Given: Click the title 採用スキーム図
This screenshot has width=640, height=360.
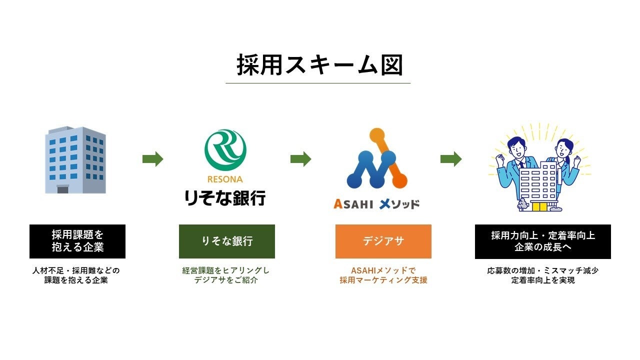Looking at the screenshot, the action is [319, 65].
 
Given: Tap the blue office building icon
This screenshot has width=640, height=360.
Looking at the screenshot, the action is [75, 159].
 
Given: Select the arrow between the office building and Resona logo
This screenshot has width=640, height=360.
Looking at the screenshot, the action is [153, 159].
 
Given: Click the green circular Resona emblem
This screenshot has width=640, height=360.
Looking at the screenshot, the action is [225, 150].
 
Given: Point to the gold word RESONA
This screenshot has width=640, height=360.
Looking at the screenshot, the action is [225, 179].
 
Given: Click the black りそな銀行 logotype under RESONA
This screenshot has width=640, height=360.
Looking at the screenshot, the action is [225, 197].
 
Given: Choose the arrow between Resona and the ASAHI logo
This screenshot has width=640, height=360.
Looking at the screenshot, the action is [301, 159].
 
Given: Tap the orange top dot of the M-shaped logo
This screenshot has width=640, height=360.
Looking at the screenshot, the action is [377, 135].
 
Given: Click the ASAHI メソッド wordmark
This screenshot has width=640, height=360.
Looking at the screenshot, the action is [376, 204].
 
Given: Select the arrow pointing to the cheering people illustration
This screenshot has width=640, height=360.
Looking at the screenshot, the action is [451, 159].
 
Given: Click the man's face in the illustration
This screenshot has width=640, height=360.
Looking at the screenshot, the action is [517, 148].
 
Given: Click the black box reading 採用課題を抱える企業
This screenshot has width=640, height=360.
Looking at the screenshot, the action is [77, 241].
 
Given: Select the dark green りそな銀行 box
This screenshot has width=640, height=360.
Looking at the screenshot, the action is [227, 241].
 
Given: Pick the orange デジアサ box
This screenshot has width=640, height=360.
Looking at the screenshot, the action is [383, 241].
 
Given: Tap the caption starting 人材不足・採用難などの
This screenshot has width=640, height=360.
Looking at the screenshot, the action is [76, 270].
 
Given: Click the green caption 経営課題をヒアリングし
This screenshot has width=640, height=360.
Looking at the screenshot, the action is [225, 270].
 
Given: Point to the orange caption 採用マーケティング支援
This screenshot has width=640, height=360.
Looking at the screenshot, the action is [383, 280].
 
